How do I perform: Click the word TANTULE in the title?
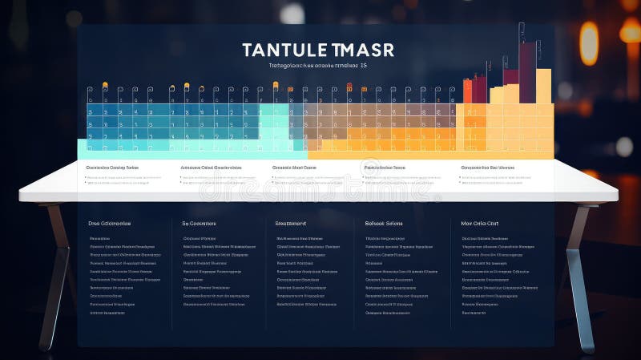tap(285, 50)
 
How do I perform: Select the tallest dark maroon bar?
tap(527, 72)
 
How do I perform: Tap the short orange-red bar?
tap(468, 91)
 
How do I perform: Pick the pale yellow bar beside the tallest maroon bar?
tap(543, 87)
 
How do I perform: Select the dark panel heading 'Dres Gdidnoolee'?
tap(110, 224)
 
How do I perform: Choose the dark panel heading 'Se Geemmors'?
tap(200, 224)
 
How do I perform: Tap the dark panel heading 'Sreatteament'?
tap(290, 224)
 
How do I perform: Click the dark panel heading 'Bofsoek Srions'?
tap(384, 224)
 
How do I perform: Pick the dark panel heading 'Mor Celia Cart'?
tap(480, 224)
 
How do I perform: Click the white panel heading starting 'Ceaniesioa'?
tap(111, 168)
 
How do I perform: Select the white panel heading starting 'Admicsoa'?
tap(211, 168)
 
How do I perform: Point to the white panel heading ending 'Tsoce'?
tap(384, 168)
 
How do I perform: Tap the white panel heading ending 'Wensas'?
tap(488, 168)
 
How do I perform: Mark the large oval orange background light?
tap(589, 43)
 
